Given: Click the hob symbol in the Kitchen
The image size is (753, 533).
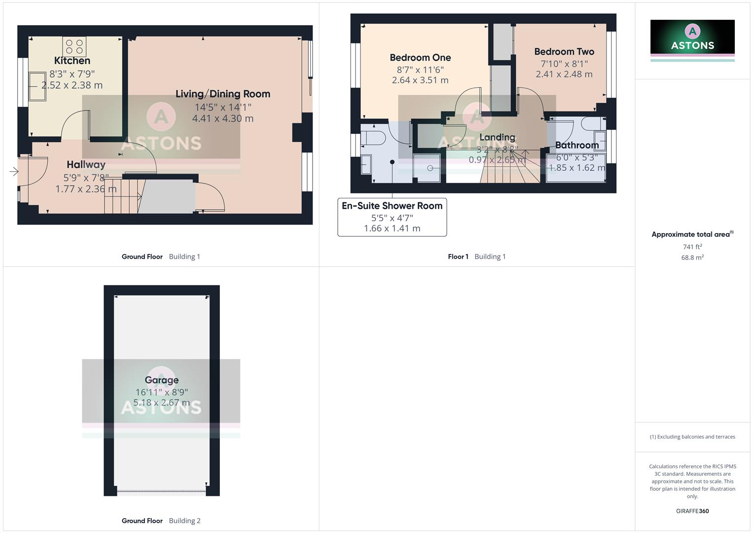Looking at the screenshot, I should point(74,46).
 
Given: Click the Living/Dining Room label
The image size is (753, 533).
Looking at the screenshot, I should point(223,94).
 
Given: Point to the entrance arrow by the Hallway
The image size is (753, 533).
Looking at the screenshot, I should point(14,172).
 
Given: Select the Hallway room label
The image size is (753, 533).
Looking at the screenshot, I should point(86,164).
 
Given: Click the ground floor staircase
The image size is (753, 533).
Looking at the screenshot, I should point(122,196).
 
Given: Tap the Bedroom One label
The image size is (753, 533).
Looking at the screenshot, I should point(420,58).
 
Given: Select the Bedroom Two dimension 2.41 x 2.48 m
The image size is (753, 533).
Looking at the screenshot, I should point(564,74).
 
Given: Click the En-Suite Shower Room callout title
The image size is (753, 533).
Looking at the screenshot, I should point(392,206).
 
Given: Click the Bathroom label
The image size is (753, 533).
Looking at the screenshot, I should point(576,145).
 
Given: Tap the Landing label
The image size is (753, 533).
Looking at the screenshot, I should point(497,137).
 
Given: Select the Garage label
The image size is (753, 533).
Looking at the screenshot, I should point(161,380).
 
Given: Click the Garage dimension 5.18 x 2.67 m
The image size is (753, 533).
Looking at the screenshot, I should point(161,403).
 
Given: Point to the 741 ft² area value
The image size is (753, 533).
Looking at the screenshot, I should point(692,247).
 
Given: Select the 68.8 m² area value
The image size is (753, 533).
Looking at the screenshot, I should point(692,258).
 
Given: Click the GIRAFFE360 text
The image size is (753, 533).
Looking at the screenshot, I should point(692,511).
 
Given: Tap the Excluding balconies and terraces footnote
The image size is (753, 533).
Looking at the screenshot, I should point(692,437).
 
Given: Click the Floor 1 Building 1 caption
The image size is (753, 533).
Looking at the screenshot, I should point(476,257).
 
